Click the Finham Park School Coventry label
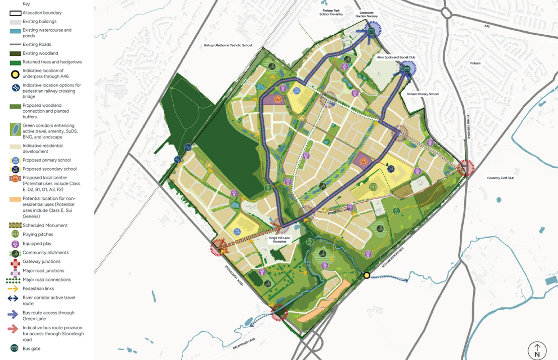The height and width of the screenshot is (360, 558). point(331,12)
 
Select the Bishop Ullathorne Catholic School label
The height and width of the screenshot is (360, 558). point(228,45)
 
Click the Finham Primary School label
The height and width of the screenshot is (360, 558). point(422,94)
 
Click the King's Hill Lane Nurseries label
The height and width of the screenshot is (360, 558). point(280,239)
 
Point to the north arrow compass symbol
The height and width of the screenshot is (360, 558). point(537,350)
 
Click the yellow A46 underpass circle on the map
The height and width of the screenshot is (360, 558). point(367,275)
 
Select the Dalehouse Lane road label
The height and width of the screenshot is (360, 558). point(244,343)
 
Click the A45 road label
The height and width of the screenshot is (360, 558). point(487,26)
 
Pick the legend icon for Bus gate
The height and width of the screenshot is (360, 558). point(15,348)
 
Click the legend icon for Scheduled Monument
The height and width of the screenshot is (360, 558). point(15,225)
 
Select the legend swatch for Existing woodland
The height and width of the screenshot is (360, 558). point(15,53)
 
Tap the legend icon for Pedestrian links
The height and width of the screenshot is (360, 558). point(15,289)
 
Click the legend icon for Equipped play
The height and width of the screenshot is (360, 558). point(15,244)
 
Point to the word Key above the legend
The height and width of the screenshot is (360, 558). point(26,4)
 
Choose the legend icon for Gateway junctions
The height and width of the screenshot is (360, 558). point(15,262)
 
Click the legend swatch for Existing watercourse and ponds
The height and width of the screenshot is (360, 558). point(15,32)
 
